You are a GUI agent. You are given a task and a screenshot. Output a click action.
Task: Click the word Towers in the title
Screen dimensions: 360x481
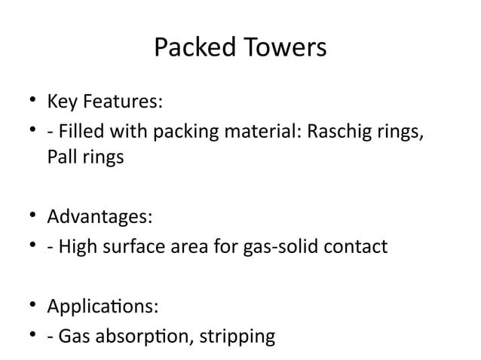coord(284,48)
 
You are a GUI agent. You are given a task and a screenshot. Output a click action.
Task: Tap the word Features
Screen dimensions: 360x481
coord(120,100)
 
